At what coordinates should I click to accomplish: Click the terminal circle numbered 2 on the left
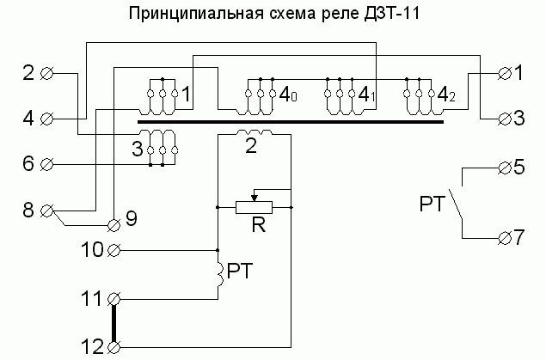47,74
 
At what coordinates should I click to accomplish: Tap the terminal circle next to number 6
47,163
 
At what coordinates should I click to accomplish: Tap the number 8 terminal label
28,209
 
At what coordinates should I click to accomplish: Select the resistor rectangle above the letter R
254,207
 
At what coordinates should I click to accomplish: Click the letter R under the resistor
255,227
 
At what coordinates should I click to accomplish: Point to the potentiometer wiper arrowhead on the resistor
254,198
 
